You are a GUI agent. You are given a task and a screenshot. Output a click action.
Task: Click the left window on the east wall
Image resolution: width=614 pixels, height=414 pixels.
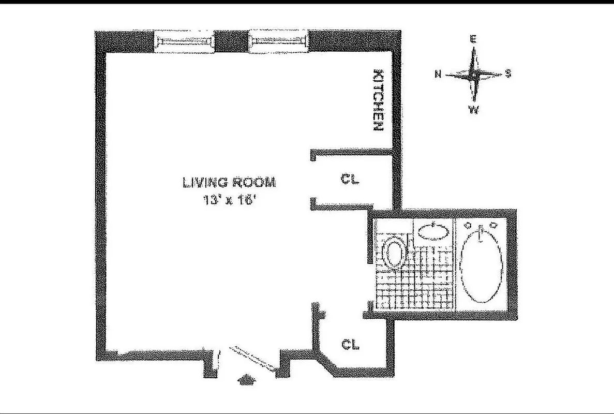point(185,42)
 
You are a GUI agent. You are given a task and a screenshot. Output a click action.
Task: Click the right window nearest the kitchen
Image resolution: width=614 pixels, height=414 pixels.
point(278,42)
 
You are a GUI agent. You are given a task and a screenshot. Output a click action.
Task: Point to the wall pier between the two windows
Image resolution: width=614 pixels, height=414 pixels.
point(231,42)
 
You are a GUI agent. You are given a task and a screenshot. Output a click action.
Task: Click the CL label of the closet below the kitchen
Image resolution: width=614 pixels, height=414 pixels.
point(350,180)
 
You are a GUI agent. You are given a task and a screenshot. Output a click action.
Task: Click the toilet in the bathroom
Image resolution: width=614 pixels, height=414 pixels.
point(395,254)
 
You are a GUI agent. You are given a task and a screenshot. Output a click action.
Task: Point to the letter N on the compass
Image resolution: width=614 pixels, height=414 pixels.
point(438,75)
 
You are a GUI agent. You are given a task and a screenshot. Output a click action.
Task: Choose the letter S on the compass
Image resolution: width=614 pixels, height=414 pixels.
point(508,74)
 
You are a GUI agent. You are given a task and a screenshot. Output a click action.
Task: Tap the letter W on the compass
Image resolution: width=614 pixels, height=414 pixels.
point(473,110)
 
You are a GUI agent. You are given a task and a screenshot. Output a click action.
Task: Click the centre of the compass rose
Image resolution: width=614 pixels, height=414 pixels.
point(473,75)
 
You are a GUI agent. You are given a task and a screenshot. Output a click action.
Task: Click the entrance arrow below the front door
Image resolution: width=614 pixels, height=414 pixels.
point(246,381)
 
